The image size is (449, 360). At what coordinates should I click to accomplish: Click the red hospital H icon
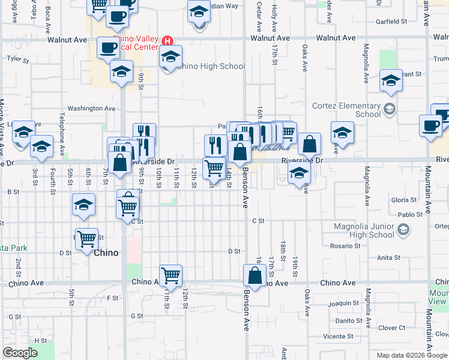pos(168,41)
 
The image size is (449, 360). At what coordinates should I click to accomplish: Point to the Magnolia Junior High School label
pos(364,230)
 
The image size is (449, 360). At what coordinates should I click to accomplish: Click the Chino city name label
pos(106,253)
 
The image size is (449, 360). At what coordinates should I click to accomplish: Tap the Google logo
pos(20,353)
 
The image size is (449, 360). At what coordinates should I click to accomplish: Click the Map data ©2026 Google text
pos(412,355)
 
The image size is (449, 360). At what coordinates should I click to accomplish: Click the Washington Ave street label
pos(91,109)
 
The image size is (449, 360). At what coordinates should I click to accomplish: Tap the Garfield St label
pos(391,22)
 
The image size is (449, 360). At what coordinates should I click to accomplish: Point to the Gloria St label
pos(403,200)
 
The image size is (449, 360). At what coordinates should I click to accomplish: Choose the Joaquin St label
pos(347,304)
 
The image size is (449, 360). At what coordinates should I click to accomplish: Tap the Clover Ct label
pos(392,328)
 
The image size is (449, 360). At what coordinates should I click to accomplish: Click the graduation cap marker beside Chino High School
pos(170,57)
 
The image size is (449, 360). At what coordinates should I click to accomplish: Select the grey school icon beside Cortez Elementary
pos(390,109)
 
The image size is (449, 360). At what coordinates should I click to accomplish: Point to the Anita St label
pos(388,258)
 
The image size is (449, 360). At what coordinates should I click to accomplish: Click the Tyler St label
pos(13,59)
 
